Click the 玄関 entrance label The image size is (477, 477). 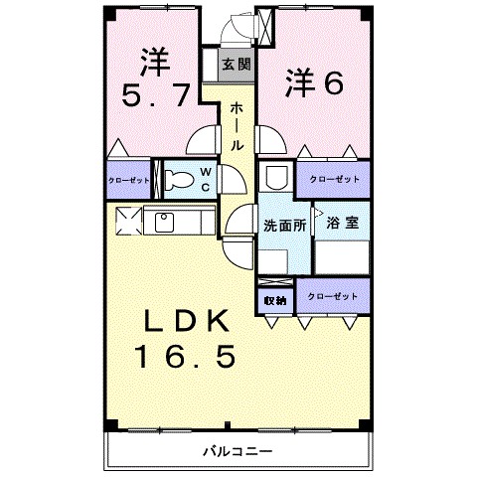click(x=237, y=65)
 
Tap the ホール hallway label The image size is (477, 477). click(x=237, y=126)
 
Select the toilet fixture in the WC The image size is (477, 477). click(x=179, y=180)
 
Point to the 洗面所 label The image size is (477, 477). click(x=285, y=226)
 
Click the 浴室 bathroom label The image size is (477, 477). click(x=343, y=223)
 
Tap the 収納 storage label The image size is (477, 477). click(x=275, y=301)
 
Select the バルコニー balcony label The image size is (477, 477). click(x=238, y=451)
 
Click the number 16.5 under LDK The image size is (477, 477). click(x=186, y=357)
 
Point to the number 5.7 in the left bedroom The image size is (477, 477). click(x=156, y=95)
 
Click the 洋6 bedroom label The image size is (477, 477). click(x=314, y=82)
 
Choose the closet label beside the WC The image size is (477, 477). click(x=129, y=181)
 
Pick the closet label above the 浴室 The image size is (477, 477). click(x=334, y=179)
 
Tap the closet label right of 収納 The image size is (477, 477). click(x=333, y=296)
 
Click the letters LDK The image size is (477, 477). click(x=186, y=321)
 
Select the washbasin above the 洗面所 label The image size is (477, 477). click(x=276, y=178)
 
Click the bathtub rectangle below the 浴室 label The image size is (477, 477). click(x=342, y=257)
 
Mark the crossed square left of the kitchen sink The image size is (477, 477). click(x=128, y=221)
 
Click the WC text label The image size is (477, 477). click(x=206, y=180)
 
